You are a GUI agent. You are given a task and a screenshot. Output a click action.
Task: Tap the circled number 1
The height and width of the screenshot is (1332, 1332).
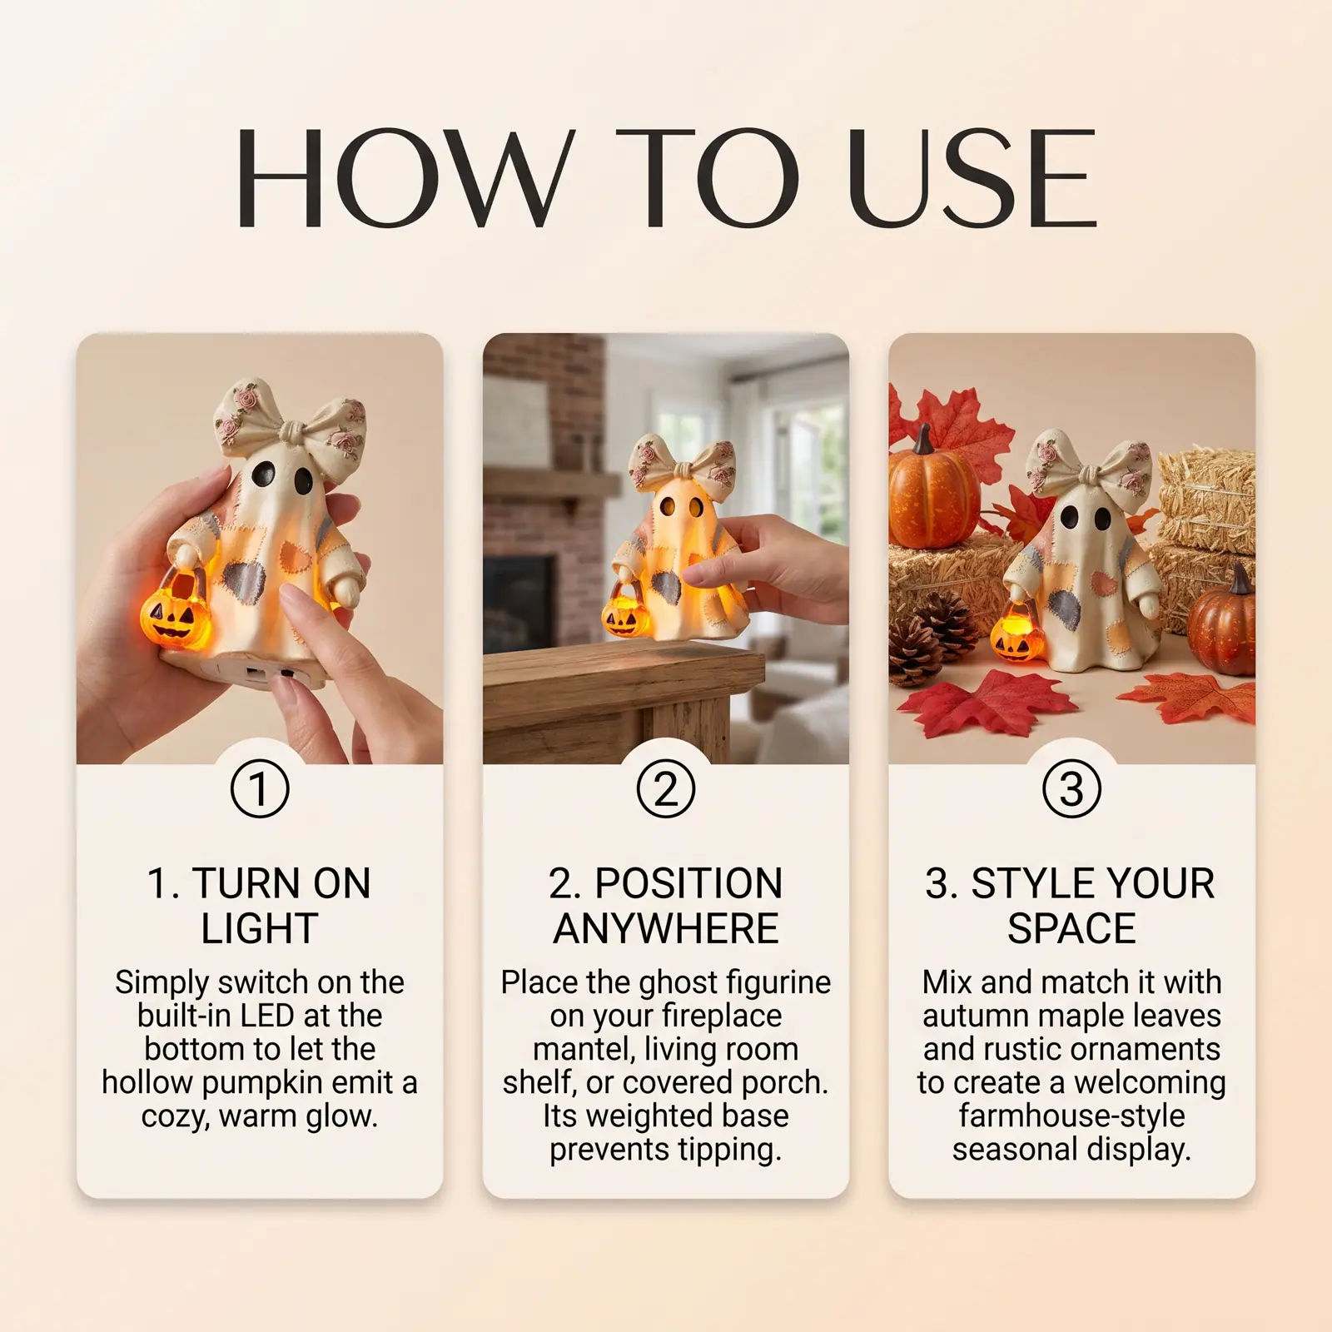(260, 788)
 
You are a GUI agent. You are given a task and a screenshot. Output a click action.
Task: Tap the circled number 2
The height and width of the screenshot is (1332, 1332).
(666, 788)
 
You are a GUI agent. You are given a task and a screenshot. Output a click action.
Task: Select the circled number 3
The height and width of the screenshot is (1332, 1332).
(1071, 788)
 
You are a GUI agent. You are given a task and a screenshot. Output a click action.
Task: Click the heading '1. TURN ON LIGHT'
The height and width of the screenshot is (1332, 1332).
(260, 906)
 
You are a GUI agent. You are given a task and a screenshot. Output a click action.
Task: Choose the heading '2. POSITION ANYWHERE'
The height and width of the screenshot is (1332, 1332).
(666, 906)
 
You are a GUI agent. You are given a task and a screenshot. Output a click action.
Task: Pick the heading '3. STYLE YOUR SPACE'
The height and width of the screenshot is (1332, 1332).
(1071, 906)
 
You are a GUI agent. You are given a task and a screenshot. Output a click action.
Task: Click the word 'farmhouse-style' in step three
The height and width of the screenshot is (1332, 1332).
(1071, 1116)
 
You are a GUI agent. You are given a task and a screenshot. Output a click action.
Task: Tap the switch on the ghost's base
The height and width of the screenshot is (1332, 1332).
(268, 673)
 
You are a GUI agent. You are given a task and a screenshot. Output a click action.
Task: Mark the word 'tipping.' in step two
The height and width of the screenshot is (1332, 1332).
(729, 1151)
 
